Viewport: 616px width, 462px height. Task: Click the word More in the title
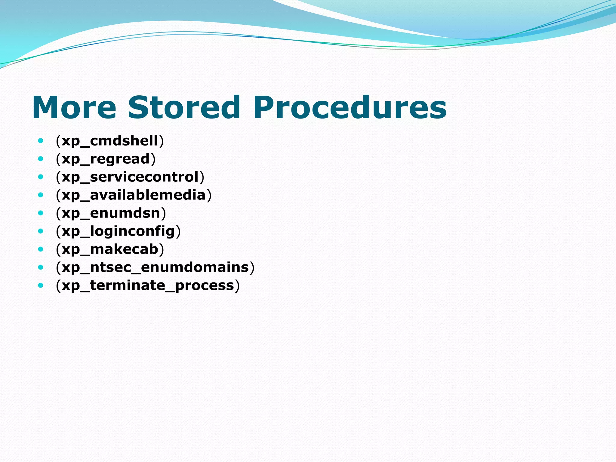(74, 108)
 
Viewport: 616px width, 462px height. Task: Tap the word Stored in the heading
(184, 108)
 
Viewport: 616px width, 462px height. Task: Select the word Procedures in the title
(350, 108)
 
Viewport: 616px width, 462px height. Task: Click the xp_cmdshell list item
(110, 141)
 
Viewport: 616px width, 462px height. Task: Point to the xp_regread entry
(106, 159)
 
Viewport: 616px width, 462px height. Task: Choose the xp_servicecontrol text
(130, 177)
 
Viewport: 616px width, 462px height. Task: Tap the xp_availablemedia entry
(134, 195)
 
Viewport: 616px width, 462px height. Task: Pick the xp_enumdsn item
(111, 213)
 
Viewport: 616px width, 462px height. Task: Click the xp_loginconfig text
(118, 231)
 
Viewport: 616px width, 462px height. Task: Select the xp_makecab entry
(110, 249)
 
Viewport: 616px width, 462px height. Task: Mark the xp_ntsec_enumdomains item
(155, 267)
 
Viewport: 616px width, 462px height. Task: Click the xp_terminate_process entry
(148, 285)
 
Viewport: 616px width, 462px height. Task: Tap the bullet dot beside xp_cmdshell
(41, 140)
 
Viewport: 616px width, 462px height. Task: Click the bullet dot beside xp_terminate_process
(41, 285)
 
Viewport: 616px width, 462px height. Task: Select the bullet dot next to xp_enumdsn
(41, 213)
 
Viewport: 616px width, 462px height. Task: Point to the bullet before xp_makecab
(41, 249)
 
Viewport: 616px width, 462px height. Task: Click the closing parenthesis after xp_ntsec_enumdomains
(252, 267)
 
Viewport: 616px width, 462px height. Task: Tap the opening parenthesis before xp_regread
(58, 159)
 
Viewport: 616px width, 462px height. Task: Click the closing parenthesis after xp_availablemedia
(209, 195)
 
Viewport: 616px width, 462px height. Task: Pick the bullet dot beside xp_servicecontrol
(41, 177)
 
